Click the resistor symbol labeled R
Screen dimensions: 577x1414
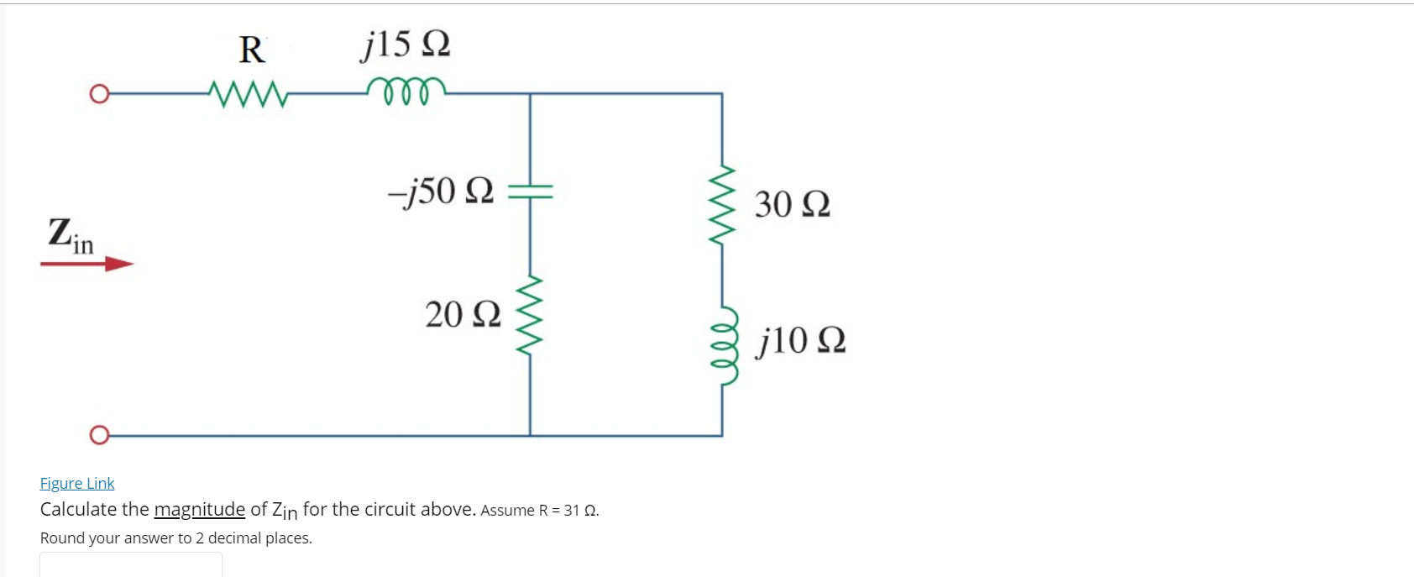pyautogui.click(x=249, y=94)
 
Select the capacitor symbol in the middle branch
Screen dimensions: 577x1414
pyautogui.click(x=530, y=191)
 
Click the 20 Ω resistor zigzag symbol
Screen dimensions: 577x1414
pyautogui.click(x=530, y=313)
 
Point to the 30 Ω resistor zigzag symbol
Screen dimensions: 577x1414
pyautogui.click(x=722, y=204)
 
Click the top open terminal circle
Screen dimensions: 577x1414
pyautogui.click(x=99, y=93)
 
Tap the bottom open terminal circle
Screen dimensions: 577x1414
pyautogui.click(x=99, y=435)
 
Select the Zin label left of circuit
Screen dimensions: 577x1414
pyautogui.click(x=71, y=234)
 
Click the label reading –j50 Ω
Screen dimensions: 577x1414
pyautogui.click(x=441, y=191)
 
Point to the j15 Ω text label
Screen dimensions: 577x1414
pyautogui.click(x=406, y=44)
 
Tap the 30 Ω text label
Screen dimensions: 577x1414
pyautogui.click(x=792, y=204)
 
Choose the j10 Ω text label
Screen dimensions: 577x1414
pyautogui.click(x=801, y=340)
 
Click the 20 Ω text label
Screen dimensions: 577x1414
pyautogui.click(x=463, y=314)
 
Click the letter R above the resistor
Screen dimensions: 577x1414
pyautogui.click(x=252, y=50)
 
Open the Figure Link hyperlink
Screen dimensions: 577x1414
pyautogui.click(x=77, y=483)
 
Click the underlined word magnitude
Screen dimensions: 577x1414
pyautogui.click(x=199, y=509)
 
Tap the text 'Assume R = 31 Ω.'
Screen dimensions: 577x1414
pyautogui.click(x=540, y=510)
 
